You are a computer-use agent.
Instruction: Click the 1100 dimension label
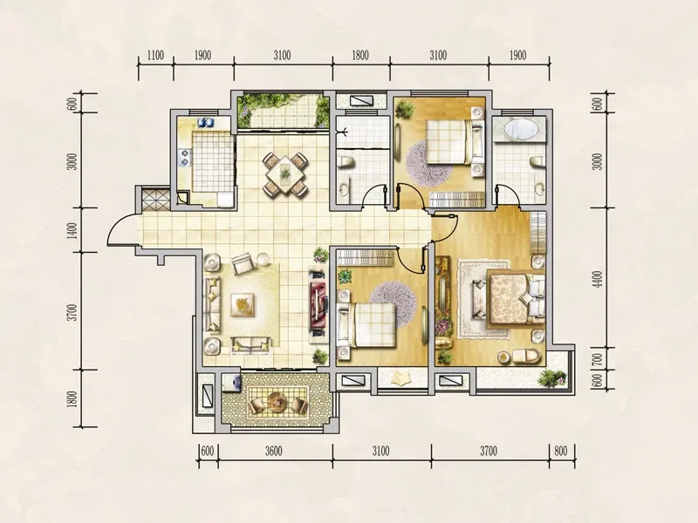[155, 56]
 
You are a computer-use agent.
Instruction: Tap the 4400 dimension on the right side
[599, 279]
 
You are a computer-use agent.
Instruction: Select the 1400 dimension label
[73, 230]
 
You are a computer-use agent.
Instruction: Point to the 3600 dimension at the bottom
[274, 451]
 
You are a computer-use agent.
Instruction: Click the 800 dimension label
[560, 451]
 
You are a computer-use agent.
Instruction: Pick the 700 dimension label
[599, 358]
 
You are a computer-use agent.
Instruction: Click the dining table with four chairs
[285, 173]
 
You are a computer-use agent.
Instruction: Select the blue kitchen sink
[206, 122]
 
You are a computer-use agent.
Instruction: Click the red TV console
[318, 306]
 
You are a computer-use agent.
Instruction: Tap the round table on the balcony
[277, 402]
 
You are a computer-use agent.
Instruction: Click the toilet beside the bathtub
[537, 161]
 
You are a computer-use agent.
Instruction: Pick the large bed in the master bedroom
[515, 297]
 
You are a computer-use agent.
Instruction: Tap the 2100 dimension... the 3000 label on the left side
[73, 161]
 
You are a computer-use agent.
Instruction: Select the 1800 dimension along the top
[360, 56]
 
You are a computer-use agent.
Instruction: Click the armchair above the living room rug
[243, 264]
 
